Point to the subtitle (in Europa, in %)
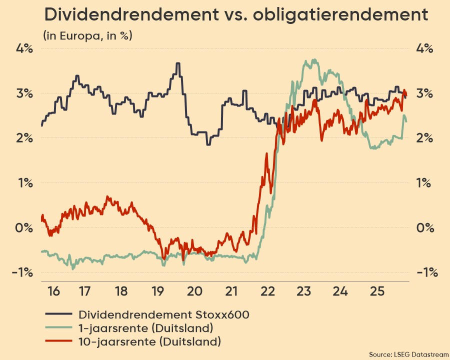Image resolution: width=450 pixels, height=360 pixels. [87, 35]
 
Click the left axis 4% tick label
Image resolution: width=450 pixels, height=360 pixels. [24, 49]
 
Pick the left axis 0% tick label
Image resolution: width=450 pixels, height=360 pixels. [24, 227]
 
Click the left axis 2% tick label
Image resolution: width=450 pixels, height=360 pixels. [24, 138]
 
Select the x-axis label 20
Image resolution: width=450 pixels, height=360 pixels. [194, 291]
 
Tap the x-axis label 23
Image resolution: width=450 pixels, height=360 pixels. [304, 291]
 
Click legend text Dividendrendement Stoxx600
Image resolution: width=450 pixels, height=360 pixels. [164, 314]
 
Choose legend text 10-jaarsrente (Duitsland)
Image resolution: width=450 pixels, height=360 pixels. [149, 342]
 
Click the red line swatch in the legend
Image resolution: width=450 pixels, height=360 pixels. [59, 342]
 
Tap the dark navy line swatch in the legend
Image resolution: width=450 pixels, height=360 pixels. [59, 314]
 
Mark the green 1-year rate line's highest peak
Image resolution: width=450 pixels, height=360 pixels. [314, 59]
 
